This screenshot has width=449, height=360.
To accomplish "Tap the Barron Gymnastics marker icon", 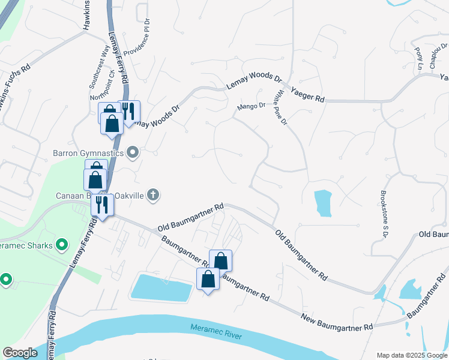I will pos(133,154).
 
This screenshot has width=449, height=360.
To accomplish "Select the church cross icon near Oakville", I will pos(153,194).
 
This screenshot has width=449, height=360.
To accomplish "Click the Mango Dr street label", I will pos(251,106).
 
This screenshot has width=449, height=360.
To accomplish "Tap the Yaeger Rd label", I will pos(307,94).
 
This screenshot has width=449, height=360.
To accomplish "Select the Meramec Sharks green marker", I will pos(61,245).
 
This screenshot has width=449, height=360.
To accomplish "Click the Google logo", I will pos(20,352).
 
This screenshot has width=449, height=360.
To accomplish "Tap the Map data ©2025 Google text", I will pos(411,355).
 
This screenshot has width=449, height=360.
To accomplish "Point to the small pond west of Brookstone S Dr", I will pos(322,202).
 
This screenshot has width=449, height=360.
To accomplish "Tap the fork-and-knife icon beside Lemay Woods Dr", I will pos(128,111).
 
